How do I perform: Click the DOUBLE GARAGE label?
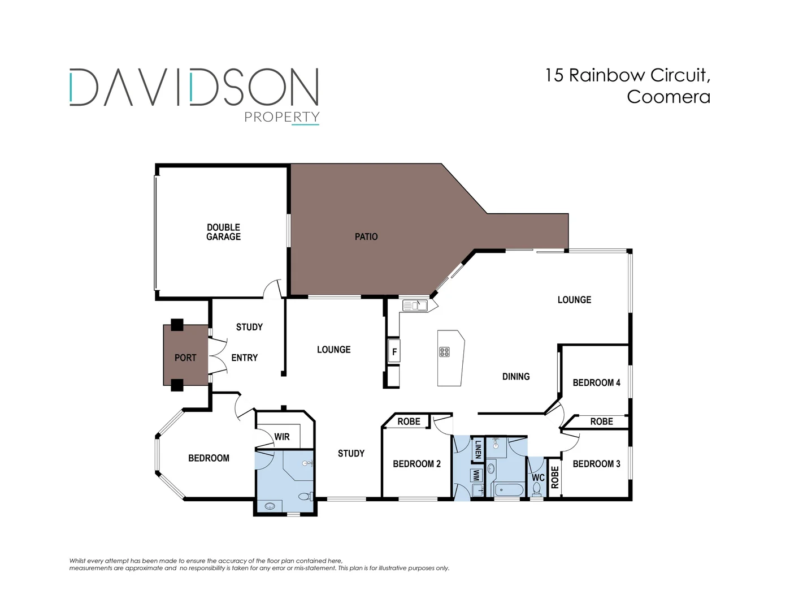coord(223,232)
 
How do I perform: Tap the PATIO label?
coord(366,236)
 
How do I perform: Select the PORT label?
coord(185,358)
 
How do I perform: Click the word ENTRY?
coord(244,358)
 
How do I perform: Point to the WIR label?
coord(281,437)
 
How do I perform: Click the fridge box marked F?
coord(394,351)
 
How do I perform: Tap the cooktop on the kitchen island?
coord(445,352)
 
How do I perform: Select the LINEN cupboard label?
coord(478,449)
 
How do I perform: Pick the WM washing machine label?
coord(476,475)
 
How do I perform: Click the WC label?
coord(538,477)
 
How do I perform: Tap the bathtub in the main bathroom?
coord(509,490)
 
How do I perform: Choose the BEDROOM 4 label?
coord(596,382)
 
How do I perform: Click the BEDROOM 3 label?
coord(596,464)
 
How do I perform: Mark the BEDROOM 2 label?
coord(416,464)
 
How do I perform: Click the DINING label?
coord(516,376)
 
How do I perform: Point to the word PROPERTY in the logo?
coord(281,117)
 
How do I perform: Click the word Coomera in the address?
coord(668,97)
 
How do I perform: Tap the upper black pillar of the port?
coord(177,325)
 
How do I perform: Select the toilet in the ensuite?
coord(305,497)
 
